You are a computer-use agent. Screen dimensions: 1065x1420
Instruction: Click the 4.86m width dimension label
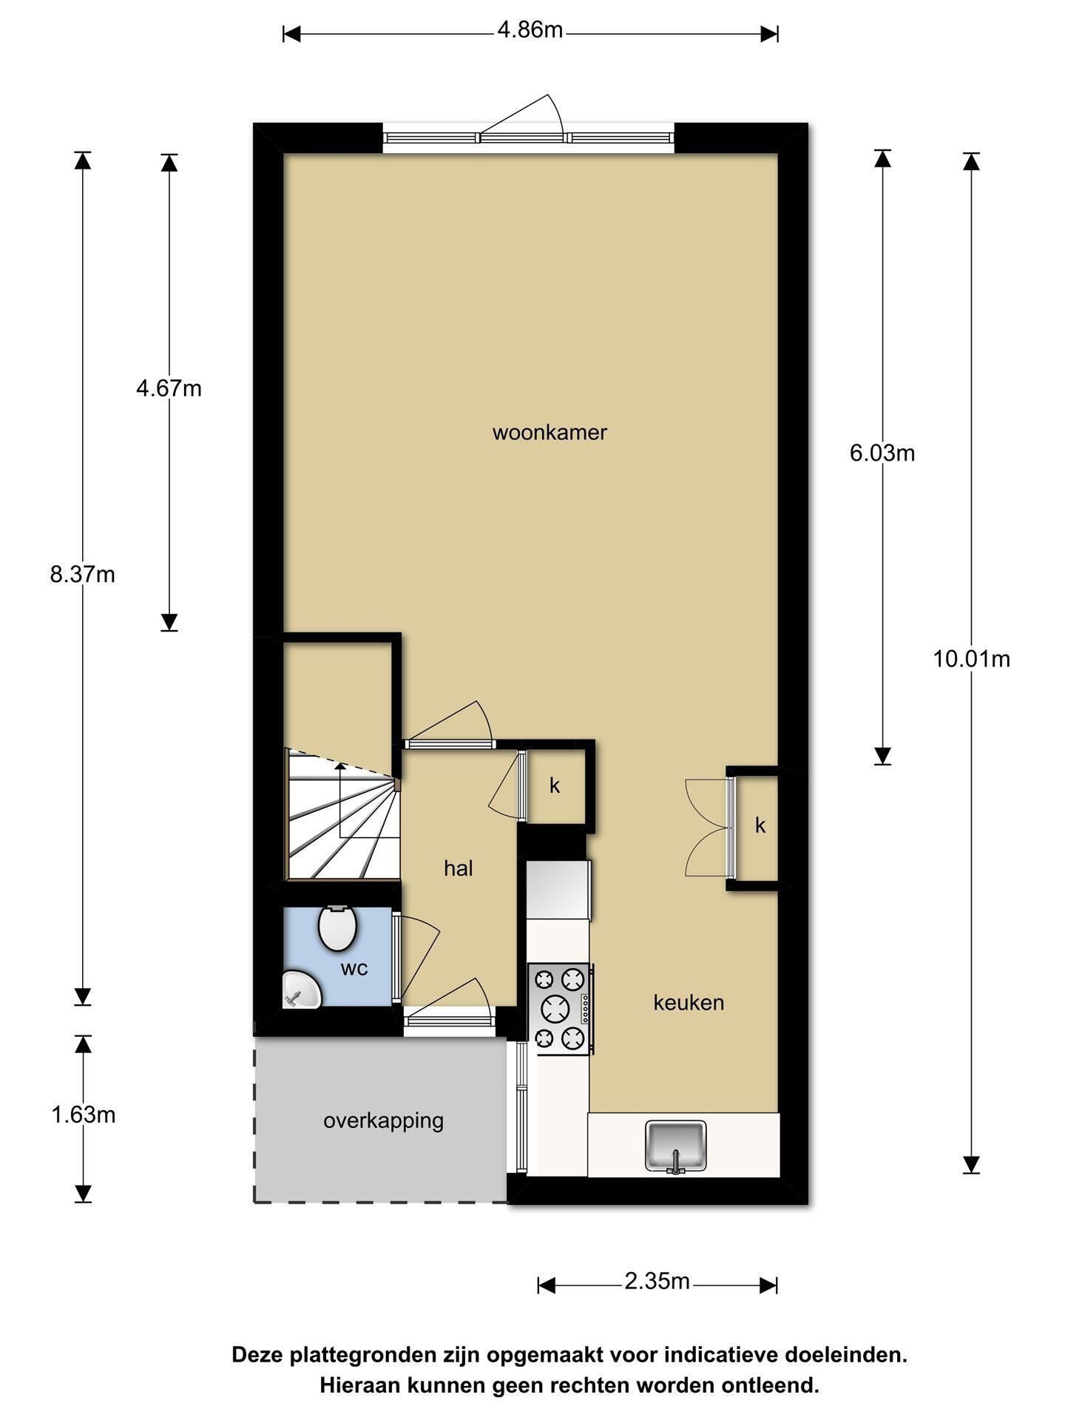(x=530, y=30)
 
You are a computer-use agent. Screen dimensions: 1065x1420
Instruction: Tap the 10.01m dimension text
(x=971, y=658)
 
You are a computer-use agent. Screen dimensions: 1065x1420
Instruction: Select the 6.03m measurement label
(x=882, y=453)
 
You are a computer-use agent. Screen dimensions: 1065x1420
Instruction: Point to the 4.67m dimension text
(x=169, y=388)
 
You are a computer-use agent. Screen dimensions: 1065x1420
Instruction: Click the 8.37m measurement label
(x=83, y=574)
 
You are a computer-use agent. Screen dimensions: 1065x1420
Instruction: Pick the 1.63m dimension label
(x=83, y=1115)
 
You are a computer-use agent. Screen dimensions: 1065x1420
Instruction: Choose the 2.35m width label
(x=657, y=1281)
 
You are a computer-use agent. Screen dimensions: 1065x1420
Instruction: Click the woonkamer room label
(x=550, y=432)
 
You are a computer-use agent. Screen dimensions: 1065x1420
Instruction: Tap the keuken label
(x=689, y=1003)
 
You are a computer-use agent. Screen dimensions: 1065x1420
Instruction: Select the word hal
(x=459, y=868)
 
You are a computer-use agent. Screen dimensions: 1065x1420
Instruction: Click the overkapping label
(x=383, y=1121)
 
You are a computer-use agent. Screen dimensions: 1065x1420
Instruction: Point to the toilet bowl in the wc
(x=337, y=927)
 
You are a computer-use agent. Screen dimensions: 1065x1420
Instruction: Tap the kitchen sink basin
(x=676, y=1146)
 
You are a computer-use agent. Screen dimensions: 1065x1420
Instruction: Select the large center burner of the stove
(x=556, y=1008)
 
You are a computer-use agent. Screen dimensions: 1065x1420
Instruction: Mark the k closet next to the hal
(x=555, y=786)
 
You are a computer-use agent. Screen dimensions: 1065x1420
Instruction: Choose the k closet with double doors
(x=760, y=826)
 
